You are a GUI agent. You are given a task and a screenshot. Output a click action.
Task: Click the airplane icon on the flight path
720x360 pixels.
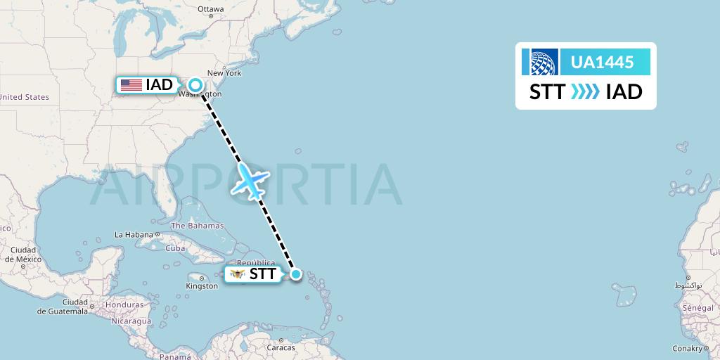pos(250,181)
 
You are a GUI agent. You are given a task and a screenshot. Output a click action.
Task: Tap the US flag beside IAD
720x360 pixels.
pos(131,85)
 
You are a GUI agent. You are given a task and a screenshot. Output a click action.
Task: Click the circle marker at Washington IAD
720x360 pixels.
pos(195,85)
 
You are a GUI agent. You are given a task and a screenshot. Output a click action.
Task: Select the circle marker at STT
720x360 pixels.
pos(296,274)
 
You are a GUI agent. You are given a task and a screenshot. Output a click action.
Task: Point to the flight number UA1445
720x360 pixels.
pos(603,62)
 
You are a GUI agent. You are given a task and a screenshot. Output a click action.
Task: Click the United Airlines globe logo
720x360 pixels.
pos(539,62)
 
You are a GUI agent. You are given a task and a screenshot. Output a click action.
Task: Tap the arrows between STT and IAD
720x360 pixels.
pos(585,92)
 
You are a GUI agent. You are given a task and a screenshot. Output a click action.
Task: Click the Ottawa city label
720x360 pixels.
pos(210,9)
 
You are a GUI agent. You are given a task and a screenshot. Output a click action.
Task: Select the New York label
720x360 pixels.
pos(224,73)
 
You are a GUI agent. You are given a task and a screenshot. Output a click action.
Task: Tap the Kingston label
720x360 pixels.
pos(202,286)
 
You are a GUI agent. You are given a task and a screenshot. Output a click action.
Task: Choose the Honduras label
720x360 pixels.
pos(127,306)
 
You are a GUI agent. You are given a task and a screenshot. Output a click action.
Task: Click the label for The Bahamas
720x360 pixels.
pos(197,226)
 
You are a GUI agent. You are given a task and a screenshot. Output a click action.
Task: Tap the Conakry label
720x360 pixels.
pos(687,348)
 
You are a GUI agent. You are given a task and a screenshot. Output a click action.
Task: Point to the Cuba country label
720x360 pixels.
pos(175,248)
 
